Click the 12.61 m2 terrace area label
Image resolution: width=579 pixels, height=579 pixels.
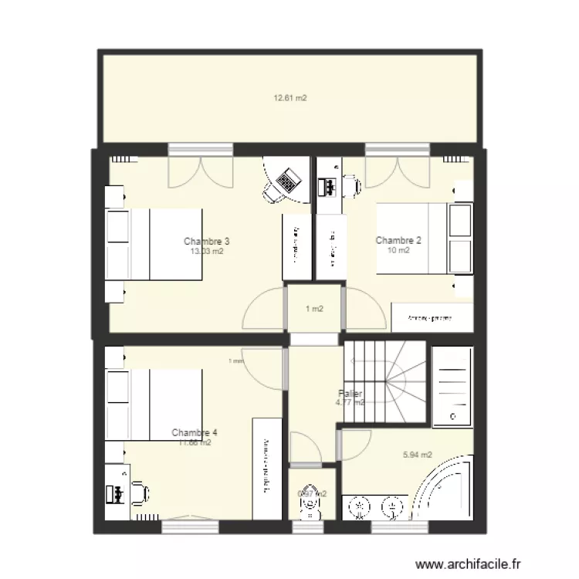[x=290, y=98]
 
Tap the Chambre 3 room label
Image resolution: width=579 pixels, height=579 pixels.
[x=207, y=241]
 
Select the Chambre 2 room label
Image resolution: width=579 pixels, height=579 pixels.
[x=398, y=240]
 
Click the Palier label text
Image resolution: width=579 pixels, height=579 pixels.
[x=350, y=394]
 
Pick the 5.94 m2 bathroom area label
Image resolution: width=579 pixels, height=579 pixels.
[x=418, y=455]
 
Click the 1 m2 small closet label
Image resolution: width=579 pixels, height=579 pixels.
[x=313, y=310]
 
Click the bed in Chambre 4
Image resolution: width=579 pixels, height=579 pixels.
[x=162, y=405]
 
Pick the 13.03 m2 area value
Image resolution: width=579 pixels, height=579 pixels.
[x=207, y=251]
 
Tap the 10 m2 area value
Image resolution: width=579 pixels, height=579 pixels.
[x=398, y=250]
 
